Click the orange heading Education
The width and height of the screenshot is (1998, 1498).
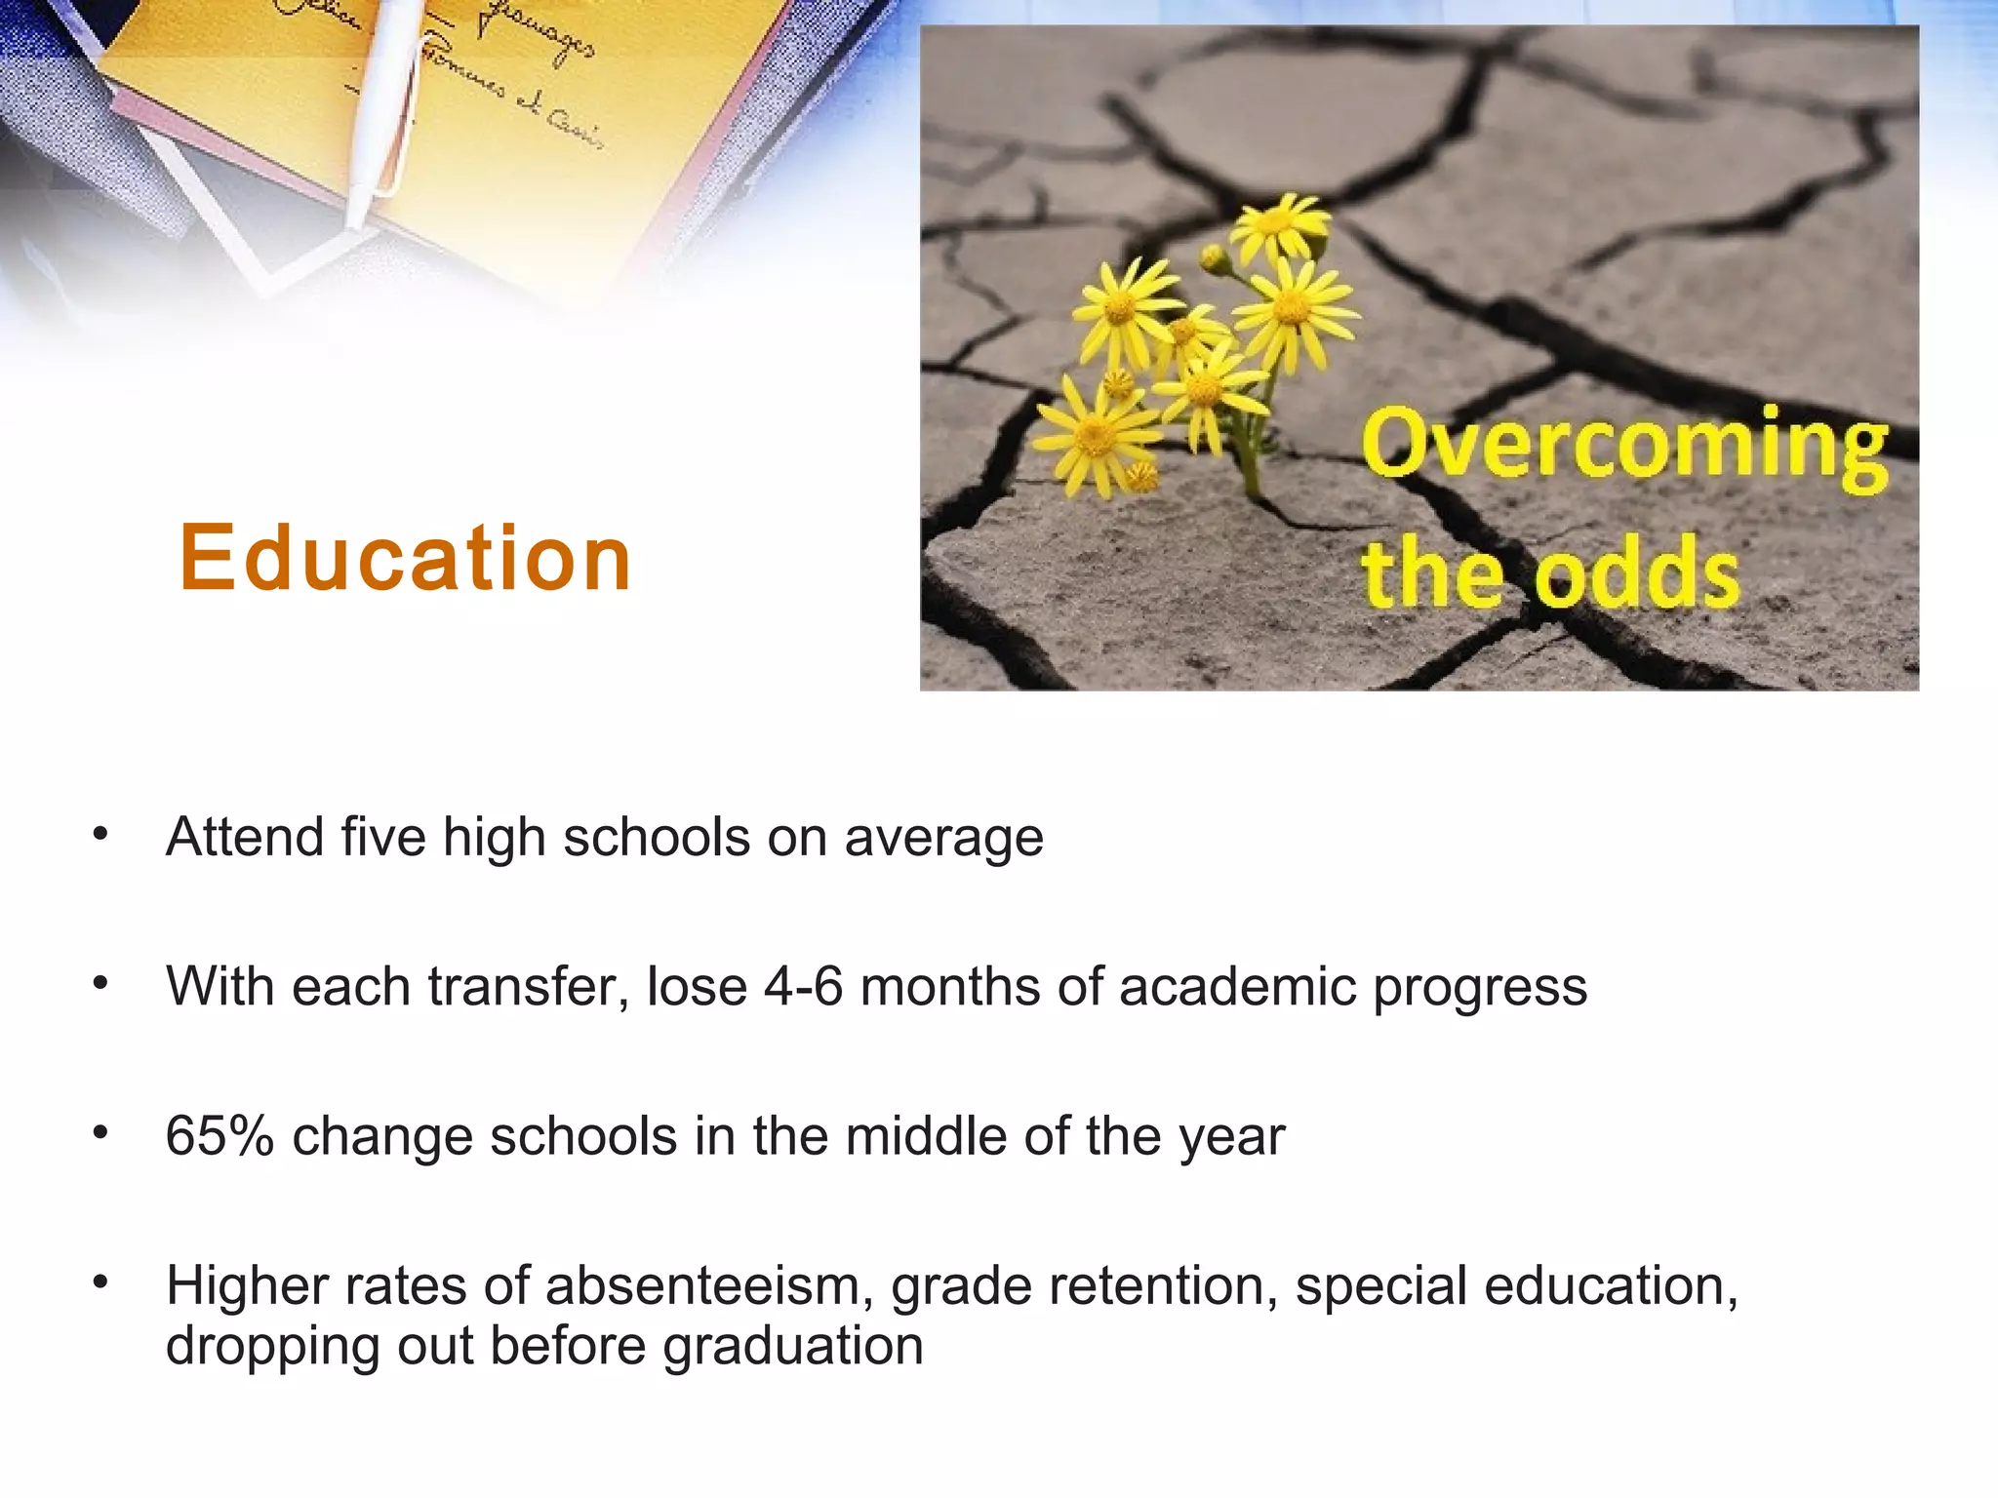click(405, 558)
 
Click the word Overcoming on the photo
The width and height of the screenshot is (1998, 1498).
click(1623, 447)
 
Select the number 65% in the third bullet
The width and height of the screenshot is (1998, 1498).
click(220, 1136)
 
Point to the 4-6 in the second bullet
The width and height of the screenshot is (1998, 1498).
click(802, 987)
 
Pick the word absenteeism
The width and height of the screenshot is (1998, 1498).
click(708, 1286)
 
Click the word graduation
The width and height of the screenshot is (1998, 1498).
click(792, 1347)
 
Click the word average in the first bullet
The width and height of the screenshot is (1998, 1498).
click(943, 838)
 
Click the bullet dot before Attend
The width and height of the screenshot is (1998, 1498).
click(100, 835)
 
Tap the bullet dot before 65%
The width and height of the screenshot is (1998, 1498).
click(100, 1133)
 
